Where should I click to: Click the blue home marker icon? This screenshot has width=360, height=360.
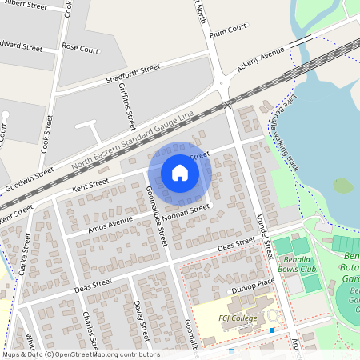click(180, 173)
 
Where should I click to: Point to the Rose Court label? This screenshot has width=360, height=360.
click(80, 49)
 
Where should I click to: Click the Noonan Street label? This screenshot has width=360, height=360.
click(185, 211)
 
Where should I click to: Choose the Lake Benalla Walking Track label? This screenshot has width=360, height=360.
click(291, 141)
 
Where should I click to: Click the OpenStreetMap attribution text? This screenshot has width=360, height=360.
click(80, 354)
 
